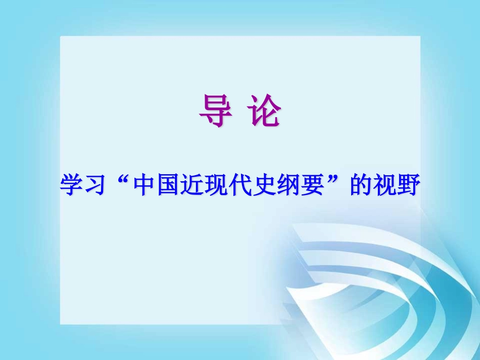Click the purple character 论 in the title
click(x=264, y=111)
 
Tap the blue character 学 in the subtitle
click(x=71, y=186)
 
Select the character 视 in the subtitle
click(x=385, y=186)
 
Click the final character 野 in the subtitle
click(x=409, y=186)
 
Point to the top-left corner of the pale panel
click(x=61, y=37)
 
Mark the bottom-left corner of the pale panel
click(x=61, y=324)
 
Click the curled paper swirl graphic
click(x=364, y=283)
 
